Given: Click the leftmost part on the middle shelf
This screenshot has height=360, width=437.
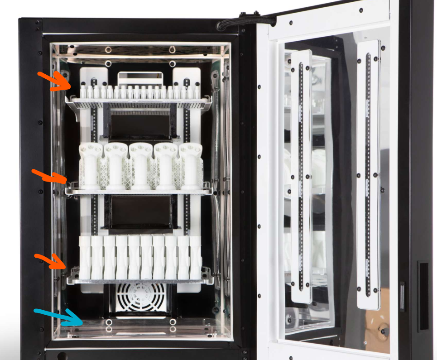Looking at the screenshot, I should point(91,165).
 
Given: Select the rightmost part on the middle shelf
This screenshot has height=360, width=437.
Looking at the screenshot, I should point(191,165).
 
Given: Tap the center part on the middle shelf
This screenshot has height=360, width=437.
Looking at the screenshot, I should point(141,165).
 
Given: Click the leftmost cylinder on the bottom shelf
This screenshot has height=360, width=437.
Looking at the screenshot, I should point(85,258).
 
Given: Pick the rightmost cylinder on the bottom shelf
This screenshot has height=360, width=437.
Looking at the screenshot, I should point(195,258).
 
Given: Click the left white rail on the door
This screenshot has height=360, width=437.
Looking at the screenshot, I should point(301,177).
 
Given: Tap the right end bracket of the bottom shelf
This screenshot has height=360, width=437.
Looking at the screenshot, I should point(207,275).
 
